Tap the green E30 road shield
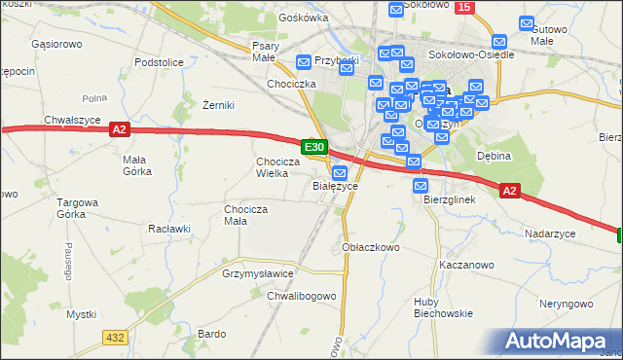pyautogui.click(x=313, y=146)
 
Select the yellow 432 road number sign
pyautogui.click(x=114, y=337)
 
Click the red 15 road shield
pyautogui.click(x=464, y=8)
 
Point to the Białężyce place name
pyautogui.click(x=335, y=186)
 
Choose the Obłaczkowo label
pyautogui.click(x=372, y=247)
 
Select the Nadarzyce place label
pyautogui.click(x=550, y=234)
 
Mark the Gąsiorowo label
pyautogui.click(x=55, y=45)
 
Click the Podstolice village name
pyautogui.click(x=160, y=62)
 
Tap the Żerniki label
pyautogui.click(x=219, y=105)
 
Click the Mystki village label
pyautogui.click(x=81, y=314)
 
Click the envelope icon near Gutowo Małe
pyautogui.click(x=527, y=22)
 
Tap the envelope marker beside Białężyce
pyautogui.click(x=340, y=172)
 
